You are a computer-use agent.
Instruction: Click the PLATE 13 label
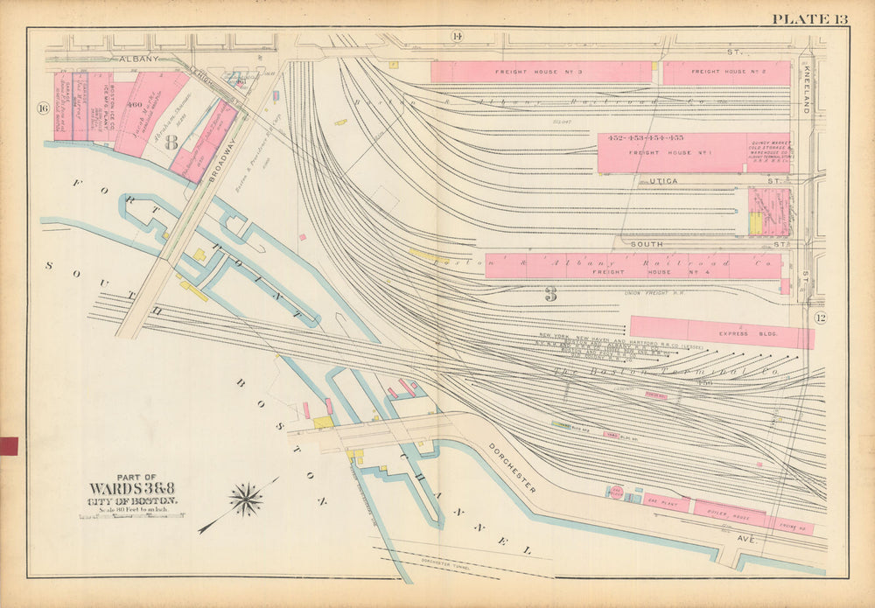pos(809,19)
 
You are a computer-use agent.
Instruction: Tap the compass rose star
pos(246,500)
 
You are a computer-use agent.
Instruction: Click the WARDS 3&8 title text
pos(133,489)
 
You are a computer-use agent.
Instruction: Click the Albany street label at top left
pos(134,59)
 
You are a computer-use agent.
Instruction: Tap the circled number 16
pos(41,108)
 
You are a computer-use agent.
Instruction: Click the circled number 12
pos(820,318)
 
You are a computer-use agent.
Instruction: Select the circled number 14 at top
pos(456,36)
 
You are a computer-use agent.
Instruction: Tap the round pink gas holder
pos(616,493)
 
